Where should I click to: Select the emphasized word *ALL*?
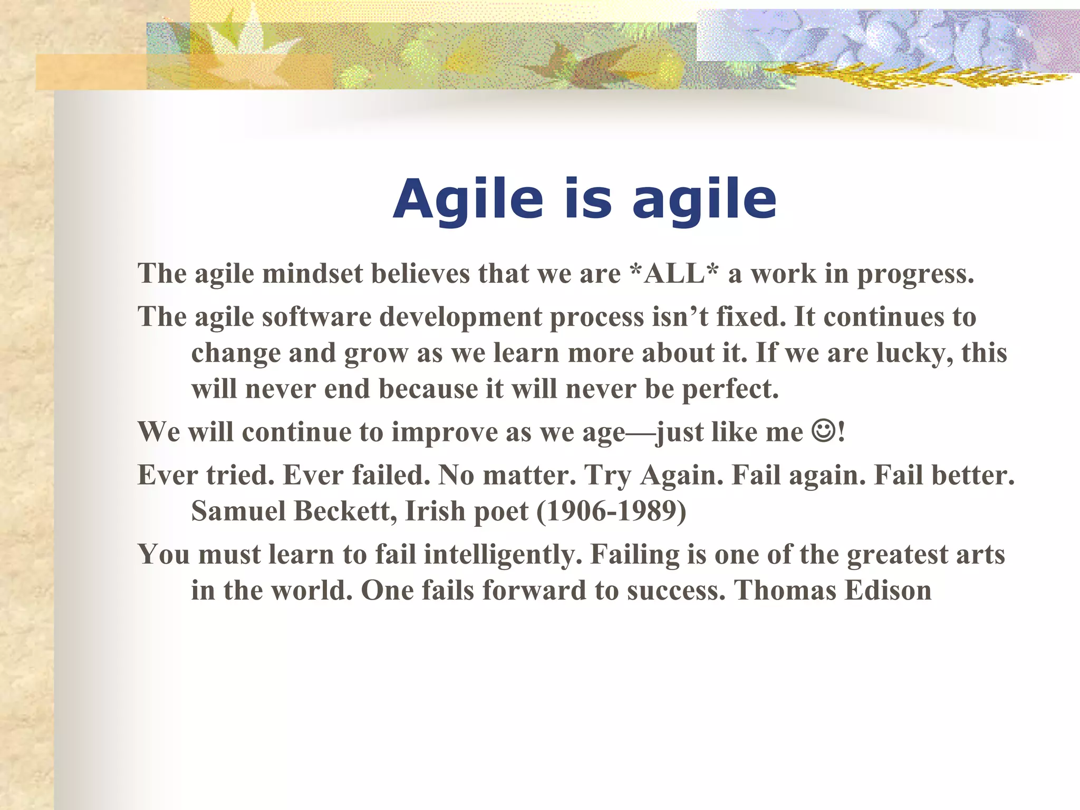674,274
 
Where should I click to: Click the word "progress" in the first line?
914,275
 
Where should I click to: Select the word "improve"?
444,432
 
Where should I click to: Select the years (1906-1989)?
611,511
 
